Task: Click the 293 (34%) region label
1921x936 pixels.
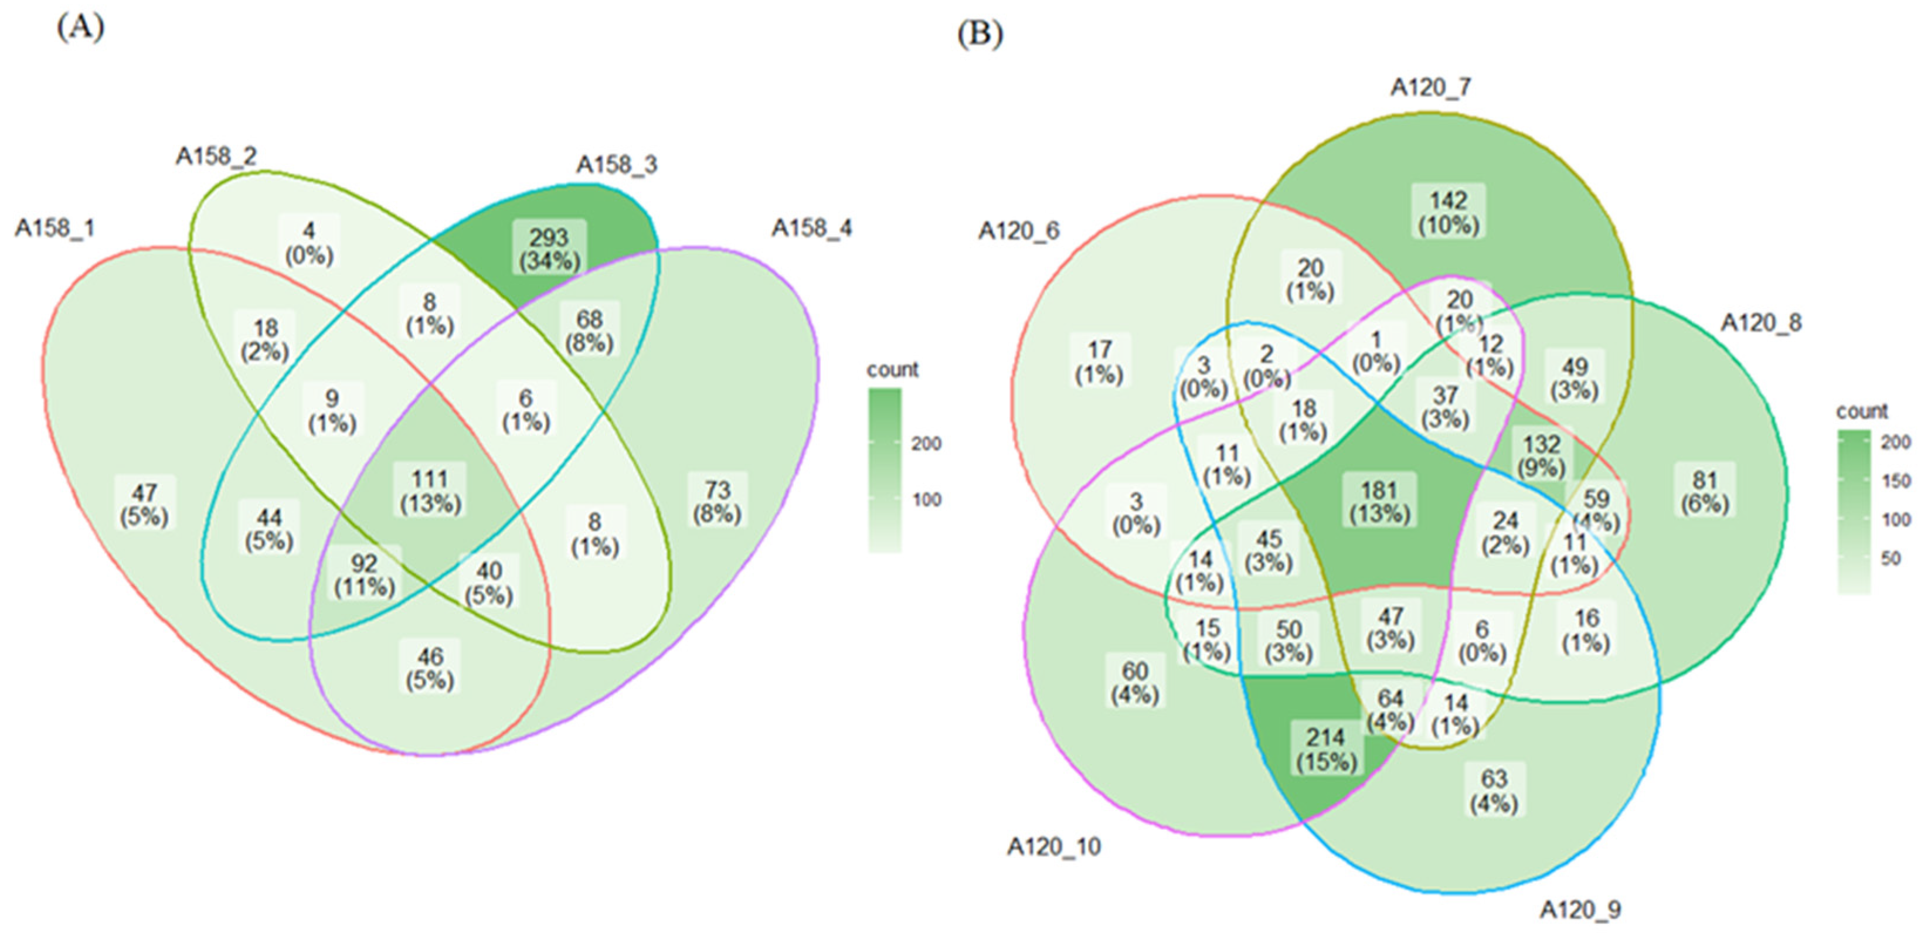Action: [550, 249]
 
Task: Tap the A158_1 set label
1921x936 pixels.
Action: [55, 228]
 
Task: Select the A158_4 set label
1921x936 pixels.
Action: [811, 228]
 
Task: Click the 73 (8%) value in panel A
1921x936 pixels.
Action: [717, 502]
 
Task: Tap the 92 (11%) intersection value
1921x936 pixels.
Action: [364, 575]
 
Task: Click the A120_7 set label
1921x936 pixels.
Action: [1430, 88]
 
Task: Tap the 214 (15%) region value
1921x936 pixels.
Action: [1326, 750]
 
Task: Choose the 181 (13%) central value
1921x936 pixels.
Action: [1379, 502]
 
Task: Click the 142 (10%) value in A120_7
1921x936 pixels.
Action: [1448, 213]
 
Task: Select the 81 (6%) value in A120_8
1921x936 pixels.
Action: [1705, 492]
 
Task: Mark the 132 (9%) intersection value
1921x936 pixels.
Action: [1541, 457]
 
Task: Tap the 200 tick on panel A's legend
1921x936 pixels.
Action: [926, 444]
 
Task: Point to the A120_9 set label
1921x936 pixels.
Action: [1580, 910]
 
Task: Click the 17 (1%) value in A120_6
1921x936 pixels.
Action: [1099, 362]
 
